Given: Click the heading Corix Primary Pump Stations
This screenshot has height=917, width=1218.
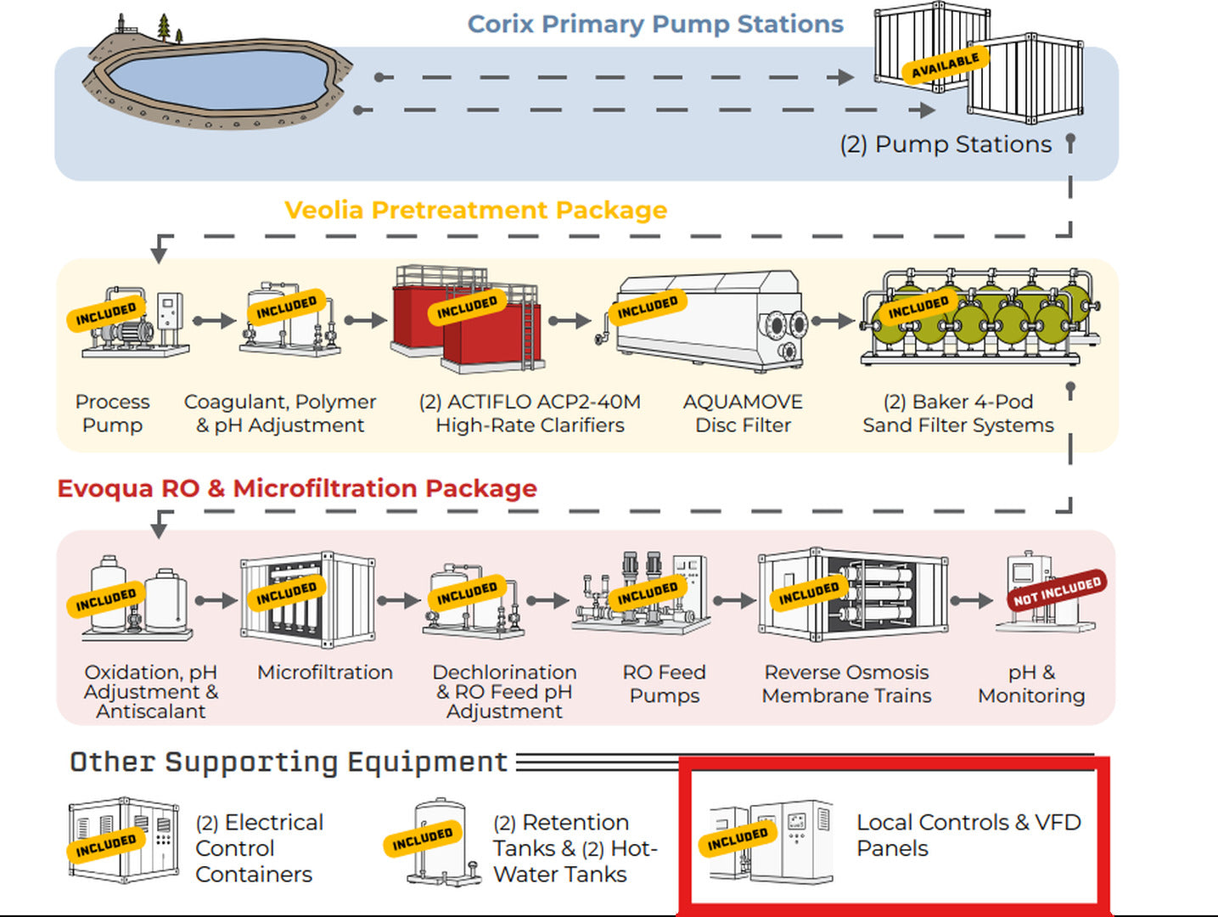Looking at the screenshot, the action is [655, 25].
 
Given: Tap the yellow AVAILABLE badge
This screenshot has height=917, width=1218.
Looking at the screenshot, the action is [945, 65].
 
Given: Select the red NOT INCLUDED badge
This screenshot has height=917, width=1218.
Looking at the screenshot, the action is [1057, 591].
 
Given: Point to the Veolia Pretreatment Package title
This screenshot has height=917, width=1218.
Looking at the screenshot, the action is [475, 211].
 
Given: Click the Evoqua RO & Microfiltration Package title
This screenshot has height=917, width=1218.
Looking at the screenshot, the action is [297, 488].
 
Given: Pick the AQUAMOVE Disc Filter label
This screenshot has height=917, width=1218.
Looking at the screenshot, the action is [743, 413].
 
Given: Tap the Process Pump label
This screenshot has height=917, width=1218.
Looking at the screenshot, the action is [113, 413].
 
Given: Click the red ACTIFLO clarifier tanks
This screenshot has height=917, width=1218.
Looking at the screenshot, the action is [466, 319].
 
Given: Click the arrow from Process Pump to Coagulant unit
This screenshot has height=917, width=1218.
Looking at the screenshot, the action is [214, 321].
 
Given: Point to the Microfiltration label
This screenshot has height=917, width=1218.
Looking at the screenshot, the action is [325, 672].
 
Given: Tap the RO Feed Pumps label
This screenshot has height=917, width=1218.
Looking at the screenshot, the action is [665, 684].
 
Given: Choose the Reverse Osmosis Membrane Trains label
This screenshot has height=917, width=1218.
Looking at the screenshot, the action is [846, 684].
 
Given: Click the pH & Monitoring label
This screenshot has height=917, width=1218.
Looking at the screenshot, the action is [1031, 684].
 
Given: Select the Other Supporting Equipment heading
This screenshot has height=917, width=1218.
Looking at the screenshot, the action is [289, 762].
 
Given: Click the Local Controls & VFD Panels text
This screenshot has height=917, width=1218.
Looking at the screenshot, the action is [968, 835].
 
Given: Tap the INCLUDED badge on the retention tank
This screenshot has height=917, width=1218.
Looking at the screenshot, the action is [423, 839].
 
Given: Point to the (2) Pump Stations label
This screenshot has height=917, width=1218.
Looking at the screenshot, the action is [946, 145].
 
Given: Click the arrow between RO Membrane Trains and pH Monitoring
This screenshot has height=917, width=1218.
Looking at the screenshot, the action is [972, 600].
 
